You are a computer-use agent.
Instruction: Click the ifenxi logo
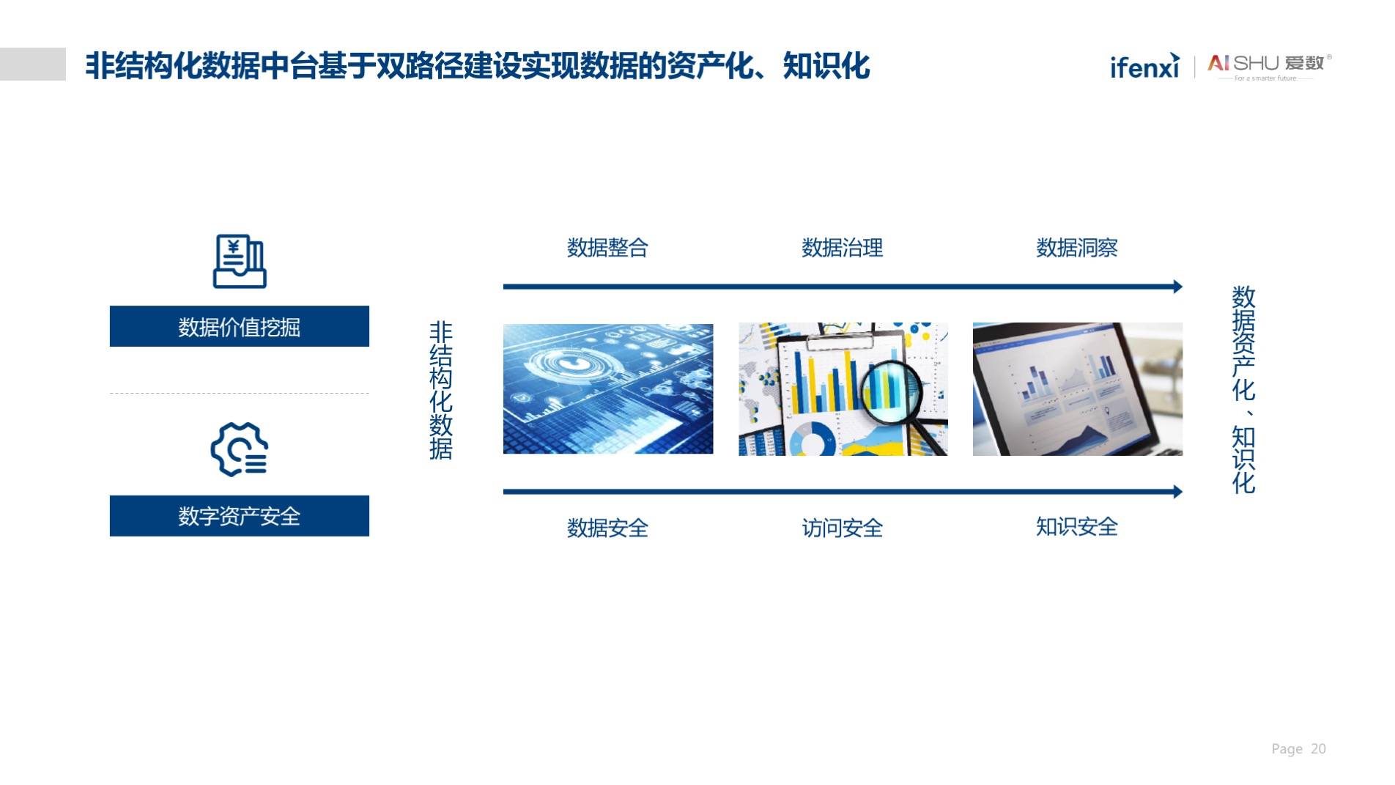1145,65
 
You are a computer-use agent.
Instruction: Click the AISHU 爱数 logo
1270,67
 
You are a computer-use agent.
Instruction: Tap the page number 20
1318,748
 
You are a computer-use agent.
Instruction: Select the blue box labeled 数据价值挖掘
240,326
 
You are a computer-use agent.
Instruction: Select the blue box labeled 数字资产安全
240,516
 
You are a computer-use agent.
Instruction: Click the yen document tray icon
240,261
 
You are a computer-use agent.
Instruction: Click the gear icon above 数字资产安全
239,449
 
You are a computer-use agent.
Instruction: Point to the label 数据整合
607,248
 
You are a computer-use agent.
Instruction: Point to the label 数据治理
842,248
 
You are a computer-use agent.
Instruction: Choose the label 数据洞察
1076,248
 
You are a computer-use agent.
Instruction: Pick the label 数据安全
607,528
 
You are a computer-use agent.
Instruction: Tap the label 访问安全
842,528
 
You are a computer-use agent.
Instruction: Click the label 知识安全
1076,526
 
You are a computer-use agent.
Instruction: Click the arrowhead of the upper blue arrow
1178,287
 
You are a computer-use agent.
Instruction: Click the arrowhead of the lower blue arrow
1178,492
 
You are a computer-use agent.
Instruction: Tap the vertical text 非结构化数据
440,390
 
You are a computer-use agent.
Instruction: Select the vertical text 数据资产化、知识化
1243,389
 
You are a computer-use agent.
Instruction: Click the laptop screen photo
1078,389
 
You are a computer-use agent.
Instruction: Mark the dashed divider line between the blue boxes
240,394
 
